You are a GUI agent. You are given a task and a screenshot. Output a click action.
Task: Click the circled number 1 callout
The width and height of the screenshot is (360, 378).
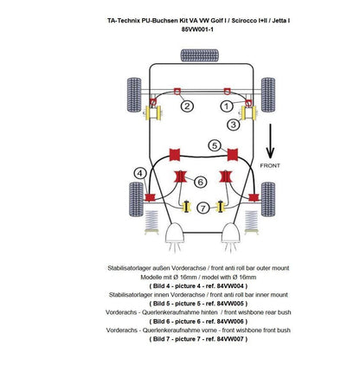pos(227,106)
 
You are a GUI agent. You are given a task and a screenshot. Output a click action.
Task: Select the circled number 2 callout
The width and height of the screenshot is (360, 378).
pos(187,106)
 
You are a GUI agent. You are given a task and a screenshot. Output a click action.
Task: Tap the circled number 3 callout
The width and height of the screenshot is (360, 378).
pos(233,125)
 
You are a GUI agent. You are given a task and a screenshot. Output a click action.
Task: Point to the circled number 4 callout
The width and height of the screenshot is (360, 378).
pos(140,173)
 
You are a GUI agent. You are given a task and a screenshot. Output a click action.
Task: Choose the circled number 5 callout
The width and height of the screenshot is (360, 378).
pos(215,145)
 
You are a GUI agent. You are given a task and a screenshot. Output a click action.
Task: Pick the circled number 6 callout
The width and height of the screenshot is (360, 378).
pos(200,182)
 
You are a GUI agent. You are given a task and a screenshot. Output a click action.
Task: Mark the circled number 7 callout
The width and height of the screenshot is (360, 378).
pos(203,208)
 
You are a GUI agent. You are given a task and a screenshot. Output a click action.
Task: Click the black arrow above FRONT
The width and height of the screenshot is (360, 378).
pos(270,141)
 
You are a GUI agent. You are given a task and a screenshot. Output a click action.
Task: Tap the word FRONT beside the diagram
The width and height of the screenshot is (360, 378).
pos(270,165)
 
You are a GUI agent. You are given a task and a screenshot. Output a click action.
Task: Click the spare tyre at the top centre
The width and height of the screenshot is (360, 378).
pos(200,55)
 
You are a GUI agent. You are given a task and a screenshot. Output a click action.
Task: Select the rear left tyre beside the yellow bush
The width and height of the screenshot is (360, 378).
pos(134,95)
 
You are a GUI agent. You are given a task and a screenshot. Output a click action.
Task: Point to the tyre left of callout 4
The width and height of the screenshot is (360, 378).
pos(136,199)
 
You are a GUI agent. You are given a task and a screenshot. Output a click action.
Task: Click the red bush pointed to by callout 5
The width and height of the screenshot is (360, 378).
pos(233,155)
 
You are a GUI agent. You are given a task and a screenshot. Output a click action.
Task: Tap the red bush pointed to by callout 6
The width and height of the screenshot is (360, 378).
pos(180,176)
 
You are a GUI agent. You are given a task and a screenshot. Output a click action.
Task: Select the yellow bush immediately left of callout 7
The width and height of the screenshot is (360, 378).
pos(187,207)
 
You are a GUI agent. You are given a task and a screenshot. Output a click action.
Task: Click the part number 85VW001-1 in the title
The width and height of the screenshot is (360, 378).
pos(197,29)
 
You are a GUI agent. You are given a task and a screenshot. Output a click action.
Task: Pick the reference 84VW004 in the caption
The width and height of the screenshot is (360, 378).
pos(230,286)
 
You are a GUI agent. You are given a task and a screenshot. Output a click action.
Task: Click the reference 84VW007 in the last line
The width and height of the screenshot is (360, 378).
pos(230,339)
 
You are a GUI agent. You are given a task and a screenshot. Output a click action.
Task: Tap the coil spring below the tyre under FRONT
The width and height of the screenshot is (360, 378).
pos(251,222)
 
